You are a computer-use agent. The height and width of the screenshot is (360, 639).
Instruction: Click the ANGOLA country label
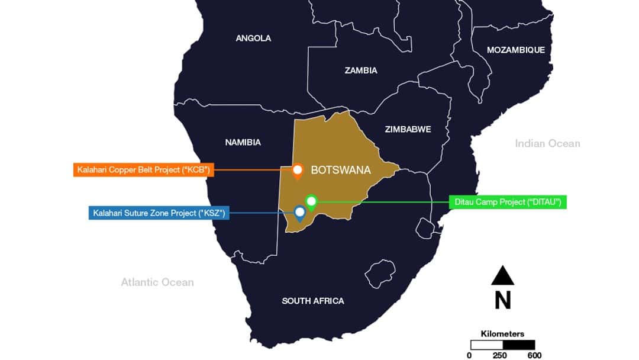(253, 38)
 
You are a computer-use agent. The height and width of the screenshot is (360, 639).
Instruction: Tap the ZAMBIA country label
(361, 70)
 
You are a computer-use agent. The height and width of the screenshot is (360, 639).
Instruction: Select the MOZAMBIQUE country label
(515, 50)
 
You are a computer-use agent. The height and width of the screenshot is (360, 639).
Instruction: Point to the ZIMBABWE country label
(408, 129)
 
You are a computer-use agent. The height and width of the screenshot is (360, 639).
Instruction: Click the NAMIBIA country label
(243, 142)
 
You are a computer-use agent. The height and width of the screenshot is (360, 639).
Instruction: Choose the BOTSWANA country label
(341, 171)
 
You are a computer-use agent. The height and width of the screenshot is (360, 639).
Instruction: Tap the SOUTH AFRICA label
(312, 301)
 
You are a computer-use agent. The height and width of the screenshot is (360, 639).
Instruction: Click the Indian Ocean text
(547, 143)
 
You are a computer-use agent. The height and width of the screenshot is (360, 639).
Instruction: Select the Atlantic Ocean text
(157, 282)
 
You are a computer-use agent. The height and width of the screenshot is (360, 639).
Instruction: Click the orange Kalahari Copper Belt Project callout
(143, 171)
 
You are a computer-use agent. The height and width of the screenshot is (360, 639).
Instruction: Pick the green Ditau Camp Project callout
(508, 202)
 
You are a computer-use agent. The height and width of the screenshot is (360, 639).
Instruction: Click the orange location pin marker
(298, 171)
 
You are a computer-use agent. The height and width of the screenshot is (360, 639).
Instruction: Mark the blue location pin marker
(300, 213)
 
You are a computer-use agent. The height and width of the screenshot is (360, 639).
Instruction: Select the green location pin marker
(311, 202)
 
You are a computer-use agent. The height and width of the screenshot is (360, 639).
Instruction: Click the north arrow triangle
(502, 276)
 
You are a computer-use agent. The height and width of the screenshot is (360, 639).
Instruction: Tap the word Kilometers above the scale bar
(502, 334)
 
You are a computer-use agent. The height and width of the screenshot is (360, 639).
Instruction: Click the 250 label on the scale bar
(503, 355)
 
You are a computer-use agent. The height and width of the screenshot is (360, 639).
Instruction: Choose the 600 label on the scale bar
(534, 355)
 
